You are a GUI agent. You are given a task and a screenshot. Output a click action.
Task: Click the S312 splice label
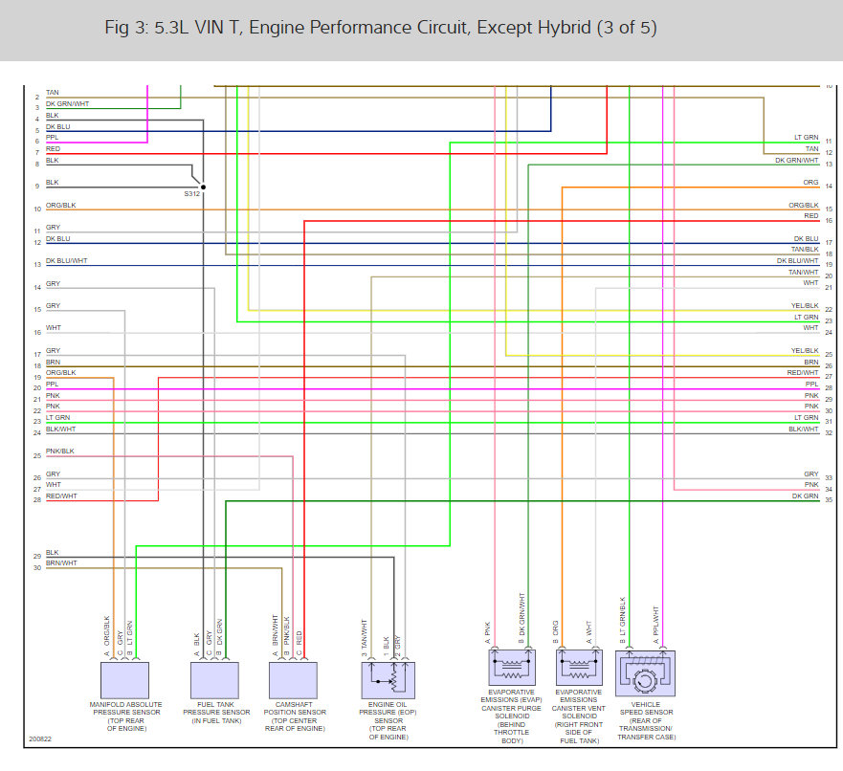pos(193,194)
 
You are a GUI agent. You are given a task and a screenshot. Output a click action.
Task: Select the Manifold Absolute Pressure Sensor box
pos(126,679)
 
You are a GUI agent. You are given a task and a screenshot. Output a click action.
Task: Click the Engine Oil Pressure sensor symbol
pos(388,679)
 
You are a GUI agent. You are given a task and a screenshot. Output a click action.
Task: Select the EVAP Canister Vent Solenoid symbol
pos(577,667)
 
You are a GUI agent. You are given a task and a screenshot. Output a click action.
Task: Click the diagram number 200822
pos(40,739)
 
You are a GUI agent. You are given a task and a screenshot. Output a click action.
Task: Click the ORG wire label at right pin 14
pos(810,182)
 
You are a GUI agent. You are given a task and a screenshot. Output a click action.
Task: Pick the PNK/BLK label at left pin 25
pos(59,452)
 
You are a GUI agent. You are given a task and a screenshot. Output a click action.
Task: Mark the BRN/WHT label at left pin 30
pos(61,563)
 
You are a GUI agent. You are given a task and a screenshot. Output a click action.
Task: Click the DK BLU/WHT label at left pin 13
pos(66,260)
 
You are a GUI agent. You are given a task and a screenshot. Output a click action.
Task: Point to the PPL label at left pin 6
pos(53,137)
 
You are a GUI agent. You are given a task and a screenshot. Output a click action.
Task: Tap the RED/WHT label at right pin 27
pos(803,372)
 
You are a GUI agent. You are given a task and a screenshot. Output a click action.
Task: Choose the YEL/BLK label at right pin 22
pos(804,306)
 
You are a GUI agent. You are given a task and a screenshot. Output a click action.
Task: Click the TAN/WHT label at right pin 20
pos(804,272)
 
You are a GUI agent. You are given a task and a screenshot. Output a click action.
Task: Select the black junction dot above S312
pos(202,187)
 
